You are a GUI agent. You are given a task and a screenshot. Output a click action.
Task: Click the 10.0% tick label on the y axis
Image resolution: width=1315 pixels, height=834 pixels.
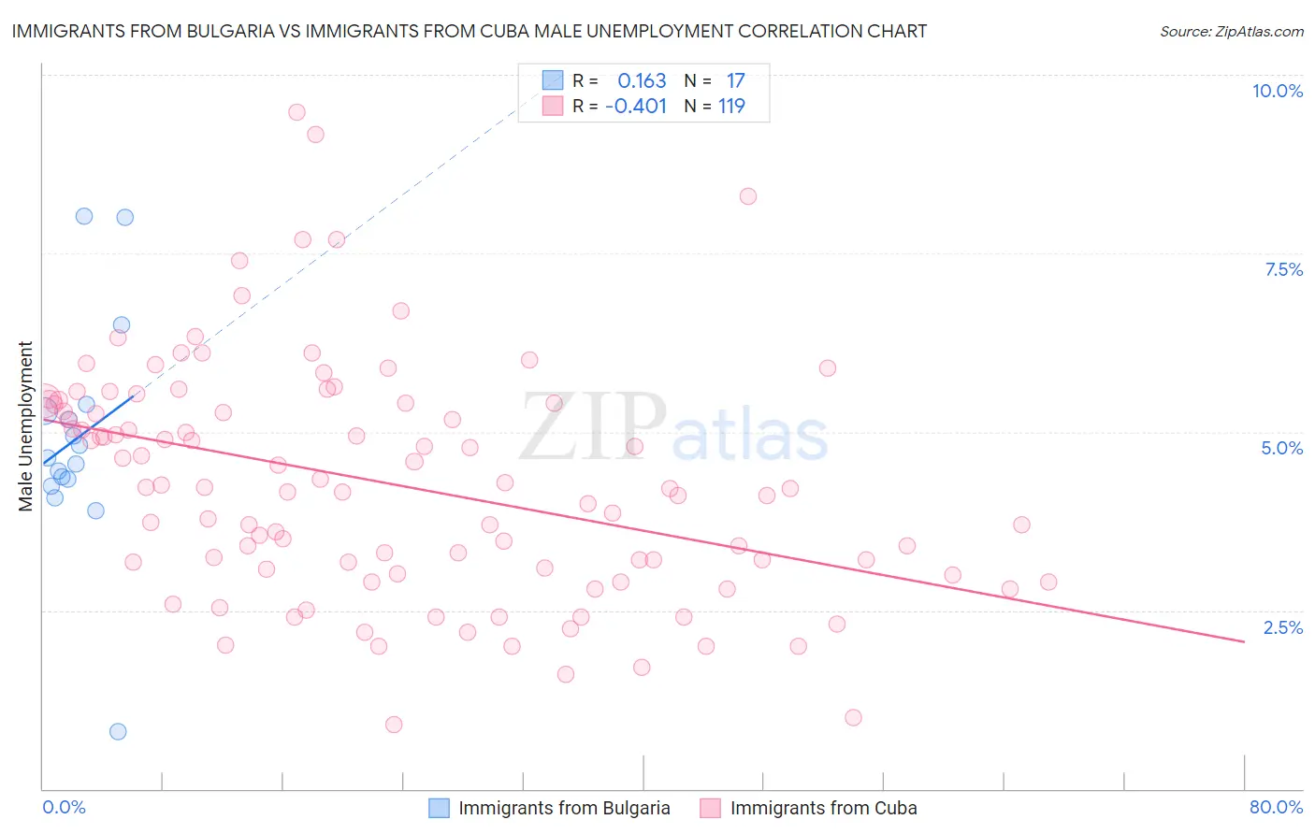1277,91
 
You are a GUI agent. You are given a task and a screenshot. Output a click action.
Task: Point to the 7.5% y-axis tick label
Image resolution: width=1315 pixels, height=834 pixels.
1283,269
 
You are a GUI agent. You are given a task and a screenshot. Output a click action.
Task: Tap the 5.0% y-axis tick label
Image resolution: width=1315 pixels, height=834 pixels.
1281,448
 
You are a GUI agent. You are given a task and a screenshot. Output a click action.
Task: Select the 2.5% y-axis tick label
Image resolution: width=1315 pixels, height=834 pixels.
1282,627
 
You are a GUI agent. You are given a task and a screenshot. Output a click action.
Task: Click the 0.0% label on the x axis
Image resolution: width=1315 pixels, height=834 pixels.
64,807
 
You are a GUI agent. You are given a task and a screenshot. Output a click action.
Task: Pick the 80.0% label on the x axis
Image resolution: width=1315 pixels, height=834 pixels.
1276,807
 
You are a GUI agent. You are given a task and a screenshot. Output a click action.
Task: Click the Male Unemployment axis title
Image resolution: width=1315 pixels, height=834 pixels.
25,426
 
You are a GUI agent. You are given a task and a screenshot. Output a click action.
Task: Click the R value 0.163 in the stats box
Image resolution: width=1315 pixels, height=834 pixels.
642,81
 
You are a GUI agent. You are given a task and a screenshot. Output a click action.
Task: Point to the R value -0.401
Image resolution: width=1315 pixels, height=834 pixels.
636,107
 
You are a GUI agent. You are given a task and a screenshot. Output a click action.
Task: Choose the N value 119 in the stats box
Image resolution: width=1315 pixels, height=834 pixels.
731,107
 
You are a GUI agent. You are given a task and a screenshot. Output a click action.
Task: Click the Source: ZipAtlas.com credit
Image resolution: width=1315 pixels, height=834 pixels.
1231,31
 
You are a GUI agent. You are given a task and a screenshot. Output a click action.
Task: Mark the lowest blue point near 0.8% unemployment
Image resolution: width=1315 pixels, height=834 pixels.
118,731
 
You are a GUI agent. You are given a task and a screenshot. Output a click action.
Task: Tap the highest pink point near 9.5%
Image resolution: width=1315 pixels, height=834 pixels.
296,112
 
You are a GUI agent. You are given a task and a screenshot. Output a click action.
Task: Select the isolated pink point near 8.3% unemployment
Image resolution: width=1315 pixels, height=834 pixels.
747,196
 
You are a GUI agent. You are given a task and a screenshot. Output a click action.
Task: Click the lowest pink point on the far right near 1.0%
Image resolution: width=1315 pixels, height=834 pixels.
853,717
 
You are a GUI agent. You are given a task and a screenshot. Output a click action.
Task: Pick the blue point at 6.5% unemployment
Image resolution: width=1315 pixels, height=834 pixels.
121,325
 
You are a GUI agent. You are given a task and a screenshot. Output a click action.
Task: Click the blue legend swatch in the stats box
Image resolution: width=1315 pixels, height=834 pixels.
553,80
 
